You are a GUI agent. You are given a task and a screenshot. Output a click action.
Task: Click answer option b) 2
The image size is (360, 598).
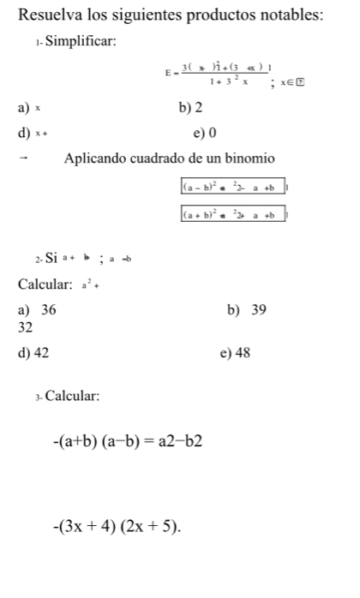click(x=186, y=109)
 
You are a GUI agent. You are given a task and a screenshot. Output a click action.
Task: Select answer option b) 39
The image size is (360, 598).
click(x=248, y=310)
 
